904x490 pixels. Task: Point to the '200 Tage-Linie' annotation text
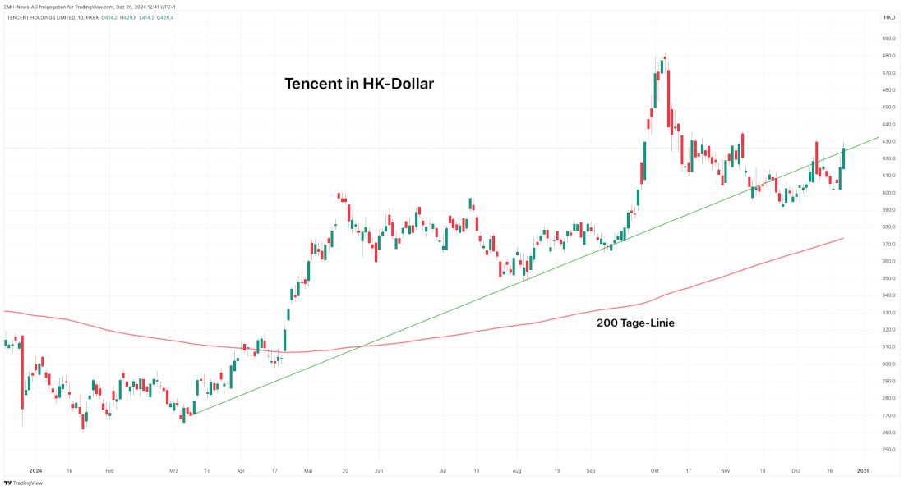tap(635, 323)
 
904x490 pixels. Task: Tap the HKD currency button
tap(889, 17)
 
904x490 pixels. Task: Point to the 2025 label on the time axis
tap(863, 471)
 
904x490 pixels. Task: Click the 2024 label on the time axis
tap(35, 471)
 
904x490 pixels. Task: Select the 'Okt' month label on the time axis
tap(655, 471)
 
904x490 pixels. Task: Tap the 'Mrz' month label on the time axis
tap(173, 471)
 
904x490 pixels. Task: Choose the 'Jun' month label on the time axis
tap(379, 471)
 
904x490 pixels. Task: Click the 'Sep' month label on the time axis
tap(591, 471)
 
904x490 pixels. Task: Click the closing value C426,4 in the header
tap(164, 17)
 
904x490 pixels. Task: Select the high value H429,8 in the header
tap(128, 17)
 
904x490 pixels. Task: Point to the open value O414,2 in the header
tap(110, 17)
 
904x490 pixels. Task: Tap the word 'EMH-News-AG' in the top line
tap(19, 7)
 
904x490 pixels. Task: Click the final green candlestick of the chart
tap(843, 158)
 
